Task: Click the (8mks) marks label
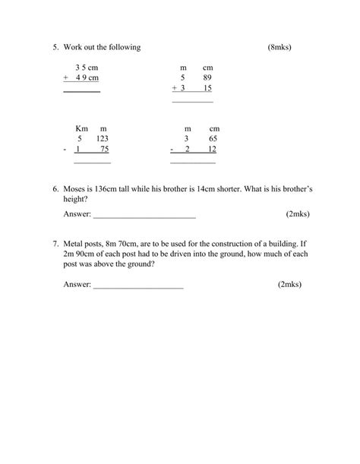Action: [x=279, y=48]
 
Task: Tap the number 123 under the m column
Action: [x=103, y=139]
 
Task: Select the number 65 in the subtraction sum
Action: [x=213, y=139]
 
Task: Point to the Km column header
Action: [x=82, y=128]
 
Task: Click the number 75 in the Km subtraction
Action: [x=104, y=150]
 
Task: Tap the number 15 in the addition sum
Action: [x=207, y=88]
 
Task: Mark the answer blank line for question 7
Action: [x=138, y=286]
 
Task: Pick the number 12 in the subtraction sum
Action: [x=213, y=150]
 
